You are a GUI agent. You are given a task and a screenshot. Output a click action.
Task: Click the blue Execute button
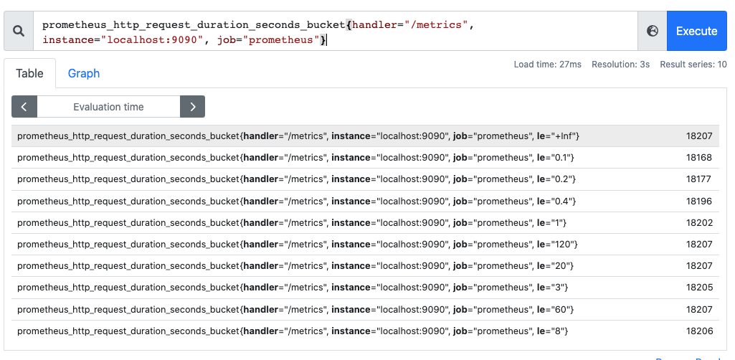coord(696,31)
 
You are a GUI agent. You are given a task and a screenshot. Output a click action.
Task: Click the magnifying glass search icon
coord(19,31)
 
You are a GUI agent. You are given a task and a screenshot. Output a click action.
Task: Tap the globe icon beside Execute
coord(652,31)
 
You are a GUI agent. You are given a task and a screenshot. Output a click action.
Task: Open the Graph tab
coord(84,73)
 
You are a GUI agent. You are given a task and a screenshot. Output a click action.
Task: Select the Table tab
coord(30,73)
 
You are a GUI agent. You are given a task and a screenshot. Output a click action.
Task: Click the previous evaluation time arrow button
coord(24,107)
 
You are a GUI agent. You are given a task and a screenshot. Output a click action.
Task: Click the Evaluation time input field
coord(108,107)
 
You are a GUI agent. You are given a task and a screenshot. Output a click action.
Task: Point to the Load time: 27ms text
coord(547,65)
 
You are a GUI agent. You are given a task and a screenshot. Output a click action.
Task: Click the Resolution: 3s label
coord(620,65)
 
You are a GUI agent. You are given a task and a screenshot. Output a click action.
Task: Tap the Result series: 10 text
coord(693,65)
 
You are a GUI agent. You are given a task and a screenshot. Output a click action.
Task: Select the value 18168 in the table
coord(698,158)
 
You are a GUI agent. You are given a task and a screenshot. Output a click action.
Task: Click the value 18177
coord(698,179)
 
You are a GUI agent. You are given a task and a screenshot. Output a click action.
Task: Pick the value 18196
coord(698,201)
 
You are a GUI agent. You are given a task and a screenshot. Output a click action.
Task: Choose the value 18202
coord(698,223)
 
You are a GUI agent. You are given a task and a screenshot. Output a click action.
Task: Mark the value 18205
coord(698,288)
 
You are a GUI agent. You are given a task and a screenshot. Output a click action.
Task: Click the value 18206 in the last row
coord(698,331)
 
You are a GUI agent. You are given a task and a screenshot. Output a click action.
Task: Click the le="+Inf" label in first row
coord(557,136)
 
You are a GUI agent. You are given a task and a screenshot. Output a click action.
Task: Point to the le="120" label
coord(556,245)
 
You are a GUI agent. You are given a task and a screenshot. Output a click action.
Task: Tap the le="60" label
coord(554,309)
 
